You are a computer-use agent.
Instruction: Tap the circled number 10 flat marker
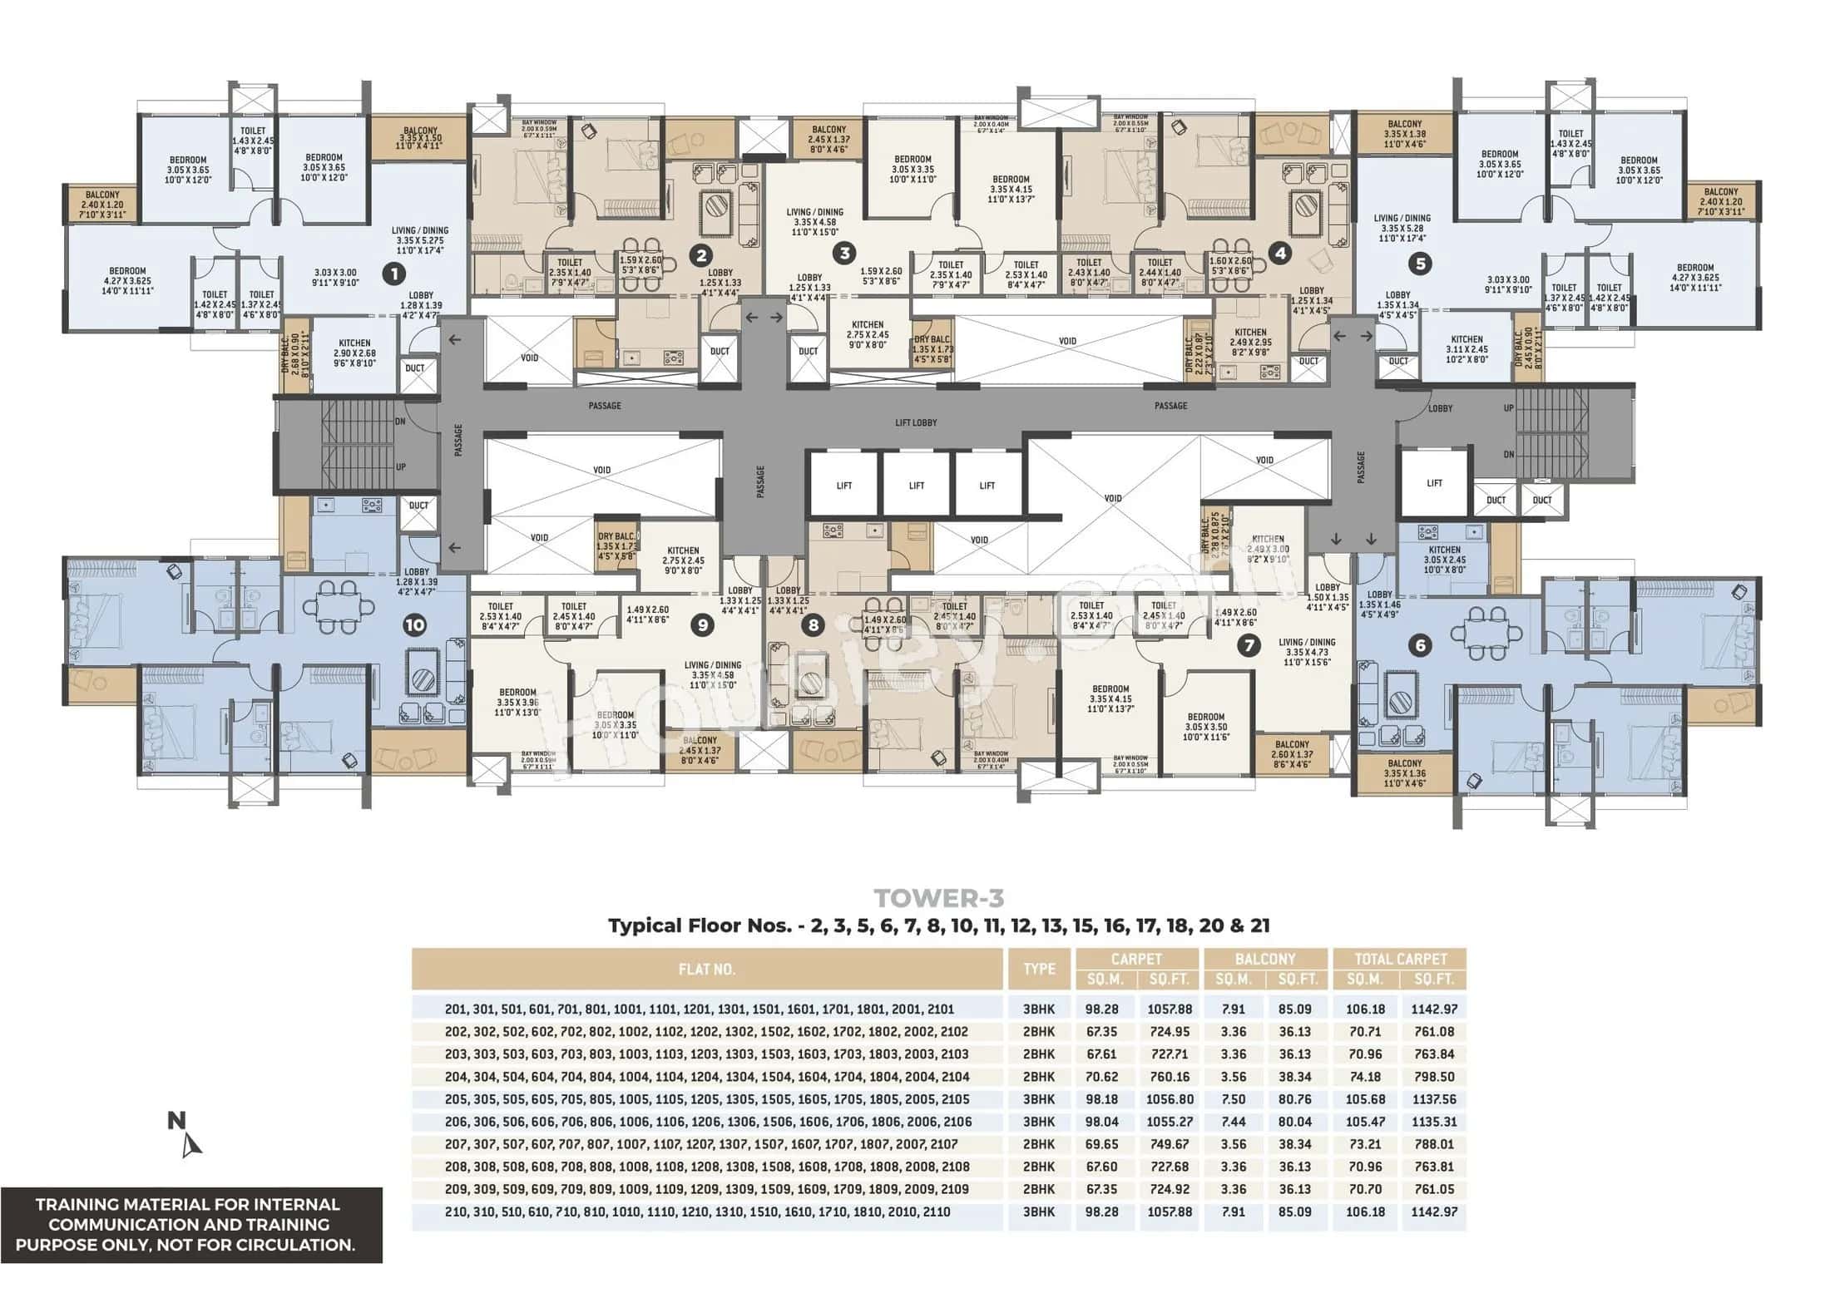(x=414, y=625)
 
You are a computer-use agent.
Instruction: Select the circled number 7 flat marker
(x=1248, y=645)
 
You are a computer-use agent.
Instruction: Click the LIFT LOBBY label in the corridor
(x=916, y=422)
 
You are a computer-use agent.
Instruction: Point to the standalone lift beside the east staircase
(x=1434, y=483)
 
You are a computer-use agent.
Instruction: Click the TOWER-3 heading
(x=938, y=898)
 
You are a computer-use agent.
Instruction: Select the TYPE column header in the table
(x=1039, y=969)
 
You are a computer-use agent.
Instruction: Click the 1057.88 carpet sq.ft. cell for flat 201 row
(x=1170, y=1009)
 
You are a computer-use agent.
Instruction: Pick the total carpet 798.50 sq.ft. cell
(x=1433, y=1076)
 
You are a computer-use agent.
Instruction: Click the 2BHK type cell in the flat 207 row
(x=1039, y=1144)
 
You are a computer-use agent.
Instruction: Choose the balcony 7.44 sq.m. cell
(x=1233, y=1122)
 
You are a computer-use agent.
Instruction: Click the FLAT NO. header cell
(x=706, y=969)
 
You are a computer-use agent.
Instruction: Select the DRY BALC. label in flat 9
(x=616, y=542)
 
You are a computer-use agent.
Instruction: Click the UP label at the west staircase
(x=401, y=466)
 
